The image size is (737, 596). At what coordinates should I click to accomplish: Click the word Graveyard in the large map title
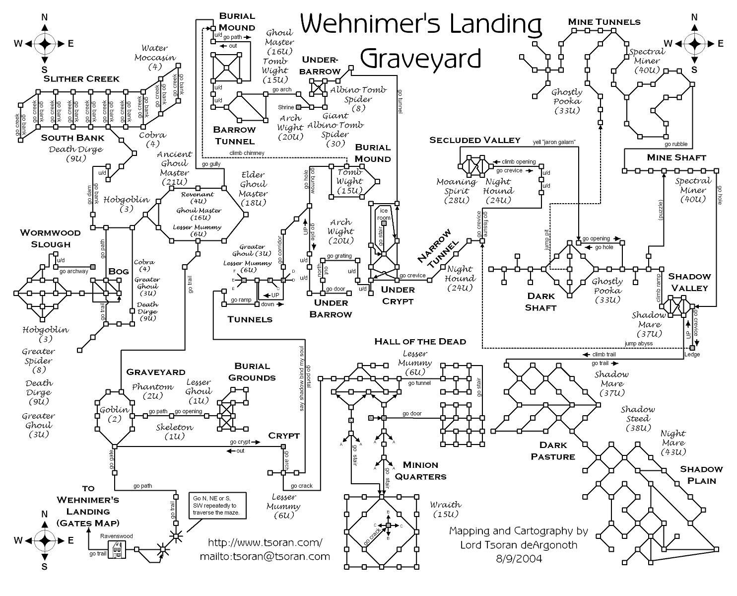point(421,58)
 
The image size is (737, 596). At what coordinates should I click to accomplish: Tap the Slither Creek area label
point(81,78)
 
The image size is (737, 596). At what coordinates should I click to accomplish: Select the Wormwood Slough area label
point(45,238)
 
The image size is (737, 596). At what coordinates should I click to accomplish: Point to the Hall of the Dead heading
point(420,341)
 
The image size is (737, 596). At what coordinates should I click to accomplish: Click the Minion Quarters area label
point(420,471)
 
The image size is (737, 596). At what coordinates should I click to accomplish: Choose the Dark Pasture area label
point(553,450)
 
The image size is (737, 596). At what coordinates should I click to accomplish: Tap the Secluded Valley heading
point(474,140)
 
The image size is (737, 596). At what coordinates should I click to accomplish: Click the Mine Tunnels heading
point(604,22)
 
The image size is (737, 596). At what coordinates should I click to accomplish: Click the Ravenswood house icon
point(117,549)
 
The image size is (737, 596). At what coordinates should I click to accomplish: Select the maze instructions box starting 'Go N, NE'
point(216,505)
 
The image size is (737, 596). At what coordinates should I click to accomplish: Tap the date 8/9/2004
point(519,558)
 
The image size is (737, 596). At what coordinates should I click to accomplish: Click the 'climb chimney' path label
point(247,153)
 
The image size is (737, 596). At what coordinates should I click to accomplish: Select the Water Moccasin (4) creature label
point(155,57)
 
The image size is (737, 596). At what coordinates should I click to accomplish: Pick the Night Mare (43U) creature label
point(673,443)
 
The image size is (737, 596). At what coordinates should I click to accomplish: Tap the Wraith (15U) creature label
point(445,509)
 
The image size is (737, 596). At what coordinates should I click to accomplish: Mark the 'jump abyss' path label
point(638,343)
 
